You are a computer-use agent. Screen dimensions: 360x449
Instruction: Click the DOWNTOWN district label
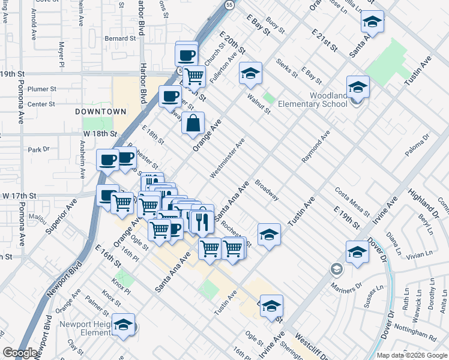tap(101, 112)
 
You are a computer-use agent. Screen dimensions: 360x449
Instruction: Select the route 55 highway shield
tap(229, 5)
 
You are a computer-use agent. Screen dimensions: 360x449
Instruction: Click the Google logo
tap(20, 353)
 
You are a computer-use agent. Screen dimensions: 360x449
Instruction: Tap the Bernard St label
tap(120, 38)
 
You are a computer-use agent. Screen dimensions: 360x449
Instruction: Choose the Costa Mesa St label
tap(352, 200)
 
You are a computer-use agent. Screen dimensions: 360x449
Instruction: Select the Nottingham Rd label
tap(416, 333)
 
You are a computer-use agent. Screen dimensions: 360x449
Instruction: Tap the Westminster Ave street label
tap(228, 159)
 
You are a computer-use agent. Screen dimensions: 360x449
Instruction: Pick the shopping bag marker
tap(193, 124)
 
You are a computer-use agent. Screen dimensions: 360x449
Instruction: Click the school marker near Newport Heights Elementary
tap(124, 325)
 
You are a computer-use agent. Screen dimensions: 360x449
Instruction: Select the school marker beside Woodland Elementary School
tap(358, 88)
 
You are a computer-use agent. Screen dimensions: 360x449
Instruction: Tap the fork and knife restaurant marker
tap(202, 219)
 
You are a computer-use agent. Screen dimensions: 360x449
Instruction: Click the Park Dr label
tap(38, 149)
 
